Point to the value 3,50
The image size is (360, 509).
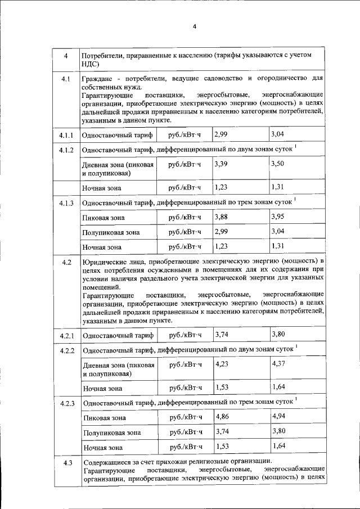click(278, 164)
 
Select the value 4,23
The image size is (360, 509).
click(223, 364)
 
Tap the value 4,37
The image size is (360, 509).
click(280, 364)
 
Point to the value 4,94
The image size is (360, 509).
click(280, 417)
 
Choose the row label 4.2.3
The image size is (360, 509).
click(67, 404)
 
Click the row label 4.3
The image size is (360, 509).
click(67, 462)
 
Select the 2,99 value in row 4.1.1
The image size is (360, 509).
click(221, 134)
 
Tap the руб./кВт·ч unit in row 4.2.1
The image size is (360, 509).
click(185, 336)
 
